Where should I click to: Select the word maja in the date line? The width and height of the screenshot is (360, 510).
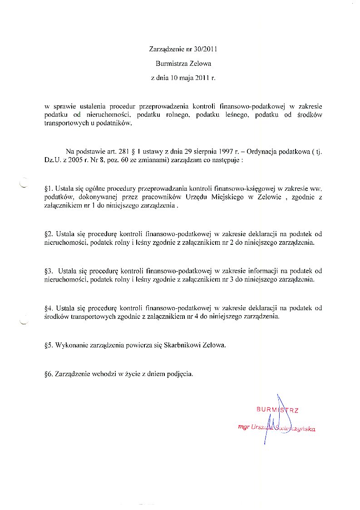pyautogui.click(x=185, y=79)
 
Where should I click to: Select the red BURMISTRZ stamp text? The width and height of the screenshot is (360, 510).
pyautogui.click(x=277, y=410)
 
